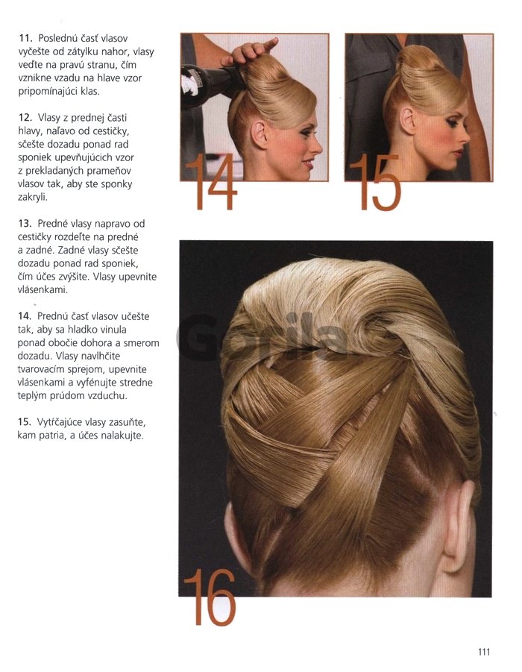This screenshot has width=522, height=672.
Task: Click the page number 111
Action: pos(483,652)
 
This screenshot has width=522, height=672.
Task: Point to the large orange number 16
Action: pos(210,597)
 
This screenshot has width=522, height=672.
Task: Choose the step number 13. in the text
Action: pos(25,224)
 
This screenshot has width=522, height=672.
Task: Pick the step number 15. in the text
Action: pos(25,422)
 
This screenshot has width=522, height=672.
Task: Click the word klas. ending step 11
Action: pos(90,91)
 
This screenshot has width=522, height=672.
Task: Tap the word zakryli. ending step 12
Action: pos(33,198)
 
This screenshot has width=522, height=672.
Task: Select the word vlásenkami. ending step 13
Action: pos(43,289)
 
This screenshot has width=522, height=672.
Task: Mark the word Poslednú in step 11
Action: pos(58,39)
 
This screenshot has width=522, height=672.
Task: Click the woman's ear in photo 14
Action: pos(260,134)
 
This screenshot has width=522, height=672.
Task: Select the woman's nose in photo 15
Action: pos(465,138)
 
